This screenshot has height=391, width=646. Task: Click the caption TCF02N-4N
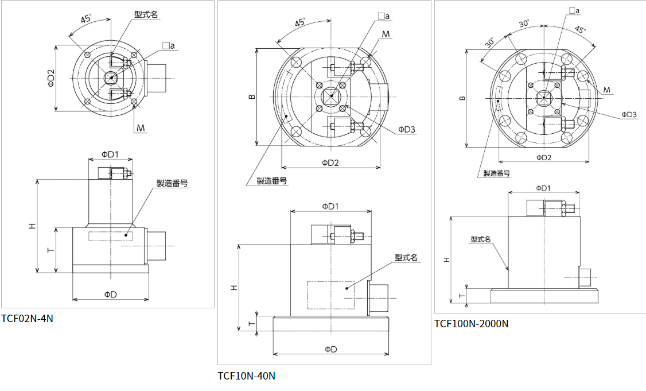pyautogui.click(x=27, y=318)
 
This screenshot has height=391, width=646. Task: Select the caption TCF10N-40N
pyautogui.click(x=246, y=376)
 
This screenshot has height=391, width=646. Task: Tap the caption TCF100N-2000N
pyautogui.click(x=471, y=323)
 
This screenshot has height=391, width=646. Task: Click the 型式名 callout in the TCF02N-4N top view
pyautogui.click(x=146, y=14)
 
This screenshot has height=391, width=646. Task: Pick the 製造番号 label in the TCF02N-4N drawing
pyautogui.click(x=173, y=183)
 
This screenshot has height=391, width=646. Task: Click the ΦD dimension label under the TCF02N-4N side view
pyautogui.click(x=110, y=294)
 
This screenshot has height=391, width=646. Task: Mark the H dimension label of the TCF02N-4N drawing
pyautogui.click(x=33, y=226)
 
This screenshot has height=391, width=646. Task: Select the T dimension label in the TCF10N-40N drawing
pyautogui.click(x=251, y=323)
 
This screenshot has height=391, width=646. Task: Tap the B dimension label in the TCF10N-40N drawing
pyautogui.click(x=251, y=97)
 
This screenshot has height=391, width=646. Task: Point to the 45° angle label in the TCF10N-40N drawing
pyautogui.click(x=299, y=24)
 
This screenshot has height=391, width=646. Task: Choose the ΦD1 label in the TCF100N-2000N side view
pyautogui.click(x=543, y=188)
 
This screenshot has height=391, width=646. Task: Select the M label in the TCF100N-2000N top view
pyautogui.click(x=606, y=90)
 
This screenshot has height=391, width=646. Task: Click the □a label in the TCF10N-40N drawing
pyautogui.click(x=384, y=16)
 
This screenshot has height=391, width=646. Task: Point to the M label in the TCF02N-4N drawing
pyautogui.click(x=141, y=127)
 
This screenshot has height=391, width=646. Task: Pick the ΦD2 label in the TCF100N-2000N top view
pyautogui.click(x=543, y=157)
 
